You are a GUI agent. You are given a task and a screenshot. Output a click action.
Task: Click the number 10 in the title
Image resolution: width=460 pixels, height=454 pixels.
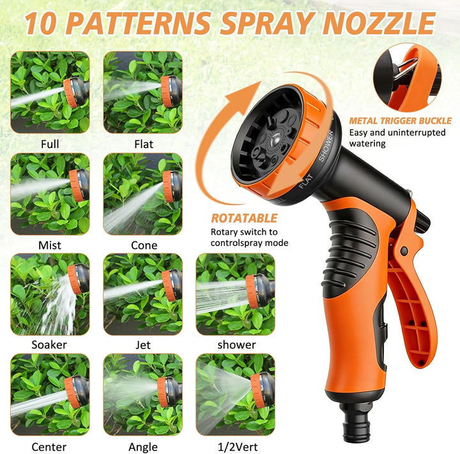click(40, 23)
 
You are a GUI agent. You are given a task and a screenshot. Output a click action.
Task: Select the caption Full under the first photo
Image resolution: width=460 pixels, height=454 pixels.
click(50, 144)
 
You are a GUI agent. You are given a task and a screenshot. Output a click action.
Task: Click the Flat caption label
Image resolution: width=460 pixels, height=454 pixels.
click(144, 144)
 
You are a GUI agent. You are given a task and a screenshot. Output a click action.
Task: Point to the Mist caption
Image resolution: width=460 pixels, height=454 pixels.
click(50, 245)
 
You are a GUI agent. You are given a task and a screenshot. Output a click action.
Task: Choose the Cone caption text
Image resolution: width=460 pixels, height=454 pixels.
click(144, 245)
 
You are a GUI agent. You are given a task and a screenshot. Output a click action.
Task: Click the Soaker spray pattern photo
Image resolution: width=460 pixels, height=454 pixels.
click(50, 294)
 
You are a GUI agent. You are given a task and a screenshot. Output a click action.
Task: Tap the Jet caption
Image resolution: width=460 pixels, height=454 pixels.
click(143, 345)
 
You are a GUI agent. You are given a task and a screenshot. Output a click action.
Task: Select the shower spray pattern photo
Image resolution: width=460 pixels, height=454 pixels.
click(235, 294)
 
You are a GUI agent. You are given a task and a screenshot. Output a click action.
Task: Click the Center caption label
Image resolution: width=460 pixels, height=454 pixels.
click(49, 447)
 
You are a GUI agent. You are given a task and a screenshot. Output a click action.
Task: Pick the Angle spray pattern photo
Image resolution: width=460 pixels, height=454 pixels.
click(143, 395)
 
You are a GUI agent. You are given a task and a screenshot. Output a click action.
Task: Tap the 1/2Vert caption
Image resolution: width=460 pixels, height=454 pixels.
click(238, 447)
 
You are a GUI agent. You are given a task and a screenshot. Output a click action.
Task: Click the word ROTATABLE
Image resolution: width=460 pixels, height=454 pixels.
click(244, 218)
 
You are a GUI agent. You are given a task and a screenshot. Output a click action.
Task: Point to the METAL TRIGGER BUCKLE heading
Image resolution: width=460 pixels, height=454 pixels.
click(400, 121)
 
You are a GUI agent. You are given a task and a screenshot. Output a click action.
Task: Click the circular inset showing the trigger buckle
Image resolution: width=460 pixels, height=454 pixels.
click(407, 78)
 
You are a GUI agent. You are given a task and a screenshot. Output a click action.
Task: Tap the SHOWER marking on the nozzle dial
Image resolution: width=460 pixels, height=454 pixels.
click(326, 146)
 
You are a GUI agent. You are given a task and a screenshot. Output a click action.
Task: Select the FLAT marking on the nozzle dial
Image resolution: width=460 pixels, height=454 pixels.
click(306, 181)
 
